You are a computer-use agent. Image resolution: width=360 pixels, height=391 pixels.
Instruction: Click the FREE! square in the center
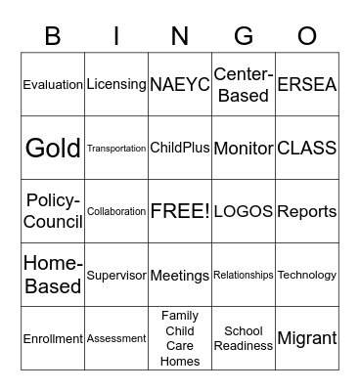click(x=180, y=211)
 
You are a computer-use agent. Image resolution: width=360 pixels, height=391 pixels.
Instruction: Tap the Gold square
click(x=53, y=148)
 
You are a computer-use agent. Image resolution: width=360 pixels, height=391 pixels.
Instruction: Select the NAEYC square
click(x=180, y=85)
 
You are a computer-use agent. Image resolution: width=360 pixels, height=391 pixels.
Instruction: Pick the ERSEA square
click(x=307, y=85)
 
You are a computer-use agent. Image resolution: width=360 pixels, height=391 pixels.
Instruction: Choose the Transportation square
click(x=116, y=148)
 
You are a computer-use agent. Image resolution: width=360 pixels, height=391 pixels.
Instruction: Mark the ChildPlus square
click(x=180, y=148)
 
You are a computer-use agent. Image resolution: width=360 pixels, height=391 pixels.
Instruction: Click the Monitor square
click(x=244, y=148)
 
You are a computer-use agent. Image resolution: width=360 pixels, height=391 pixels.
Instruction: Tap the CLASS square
click(x=307, y=148)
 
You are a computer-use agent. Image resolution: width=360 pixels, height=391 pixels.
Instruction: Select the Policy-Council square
click(x=53, y=211)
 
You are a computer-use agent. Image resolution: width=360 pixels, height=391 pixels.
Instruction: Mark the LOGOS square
click(x=244, y=211)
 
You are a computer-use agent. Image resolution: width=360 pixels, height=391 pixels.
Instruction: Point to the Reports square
click(x=307, y=211)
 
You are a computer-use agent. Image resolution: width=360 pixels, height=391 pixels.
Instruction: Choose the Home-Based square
click(x=53, y=275)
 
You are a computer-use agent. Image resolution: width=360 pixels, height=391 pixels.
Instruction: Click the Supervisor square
click(x=116, y=275)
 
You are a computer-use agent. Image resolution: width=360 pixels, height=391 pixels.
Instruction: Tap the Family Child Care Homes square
click(x=180, y=338)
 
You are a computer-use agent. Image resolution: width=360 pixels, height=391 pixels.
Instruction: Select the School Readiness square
click(x=244, y=338)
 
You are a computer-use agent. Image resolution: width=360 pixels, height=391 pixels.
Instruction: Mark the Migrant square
click(x=307, y=338)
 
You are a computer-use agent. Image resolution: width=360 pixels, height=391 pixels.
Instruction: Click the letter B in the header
click(x=53, y=36)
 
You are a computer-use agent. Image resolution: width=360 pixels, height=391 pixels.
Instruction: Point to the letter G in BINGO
click(x=244, y=36)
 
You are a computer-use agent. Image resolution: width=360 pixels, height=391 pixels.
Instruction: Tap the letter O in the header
click(x=307, y=36)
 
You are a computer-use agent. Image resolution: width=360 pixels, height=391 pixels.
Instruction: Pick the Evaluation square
click(x=53, y=85)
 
